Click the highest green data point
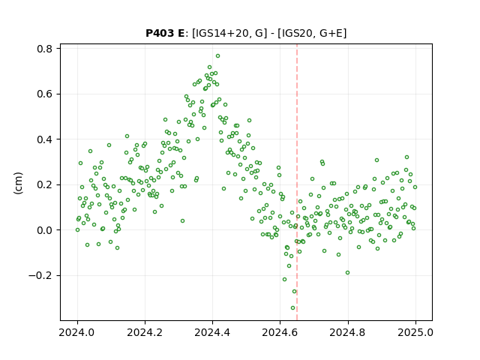217,56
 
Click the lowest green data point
292,308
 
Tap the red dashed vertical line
297,182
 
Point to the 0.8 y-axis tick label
45,49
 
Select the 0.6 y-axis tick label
45,94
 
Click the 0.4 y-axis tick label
45,139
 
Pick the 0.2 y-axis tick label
45,185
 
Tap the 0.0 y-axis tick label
45,230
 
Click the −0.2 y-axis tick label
40,275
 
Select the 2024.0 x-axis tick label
77,332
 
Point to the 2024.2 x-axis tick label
145,332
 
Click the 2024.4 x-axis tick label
212,332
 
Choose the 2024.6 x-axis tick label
280,332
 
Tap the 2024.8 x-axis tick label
348,332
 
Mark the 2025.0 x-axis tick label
415,332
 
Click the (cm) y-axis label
18,183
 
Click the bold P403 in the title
160,33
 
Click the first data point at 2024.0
77,230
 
